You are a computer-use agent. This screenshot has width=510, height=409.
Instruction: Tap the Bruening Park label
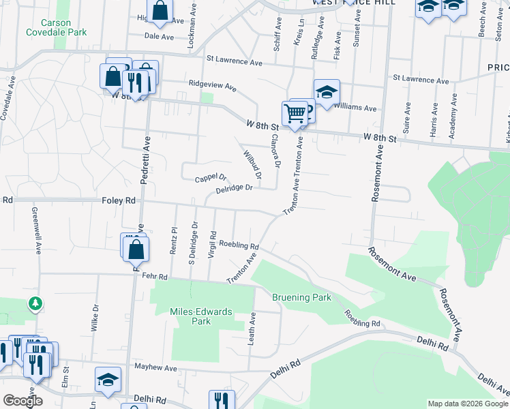point(301,297)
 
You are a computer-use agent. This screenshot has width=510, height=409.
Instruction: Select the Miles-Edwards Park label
point(201,316)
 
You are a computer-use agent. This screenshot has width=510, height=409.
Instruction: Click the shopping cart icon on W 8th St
point(295,115)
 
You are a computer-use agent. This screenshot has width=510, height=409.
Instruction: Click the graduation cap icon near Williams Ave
point(327,93)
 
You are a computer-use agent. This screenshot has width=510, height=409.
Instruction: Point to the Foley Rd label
point(119,201)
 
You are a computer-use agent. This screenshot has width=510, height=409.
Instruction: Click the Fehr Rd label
point(155,277)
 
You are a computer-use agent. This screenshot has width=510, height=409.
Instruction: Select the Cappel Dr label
point(210,179)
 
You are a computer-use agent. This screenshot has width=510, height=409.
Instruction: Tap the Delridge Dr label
point(239,188)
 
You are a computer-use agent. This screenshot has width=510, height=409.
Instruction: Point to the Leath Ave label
point(252,328)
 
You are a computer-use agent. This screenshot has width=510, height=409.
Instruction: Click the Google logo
point(23,401)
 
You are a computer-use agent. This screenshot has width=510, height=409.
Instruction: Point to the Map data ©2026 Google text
point(467,404)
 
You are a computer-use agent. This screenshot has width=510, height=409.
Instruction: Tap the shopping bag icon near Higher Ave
point(160,11)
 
